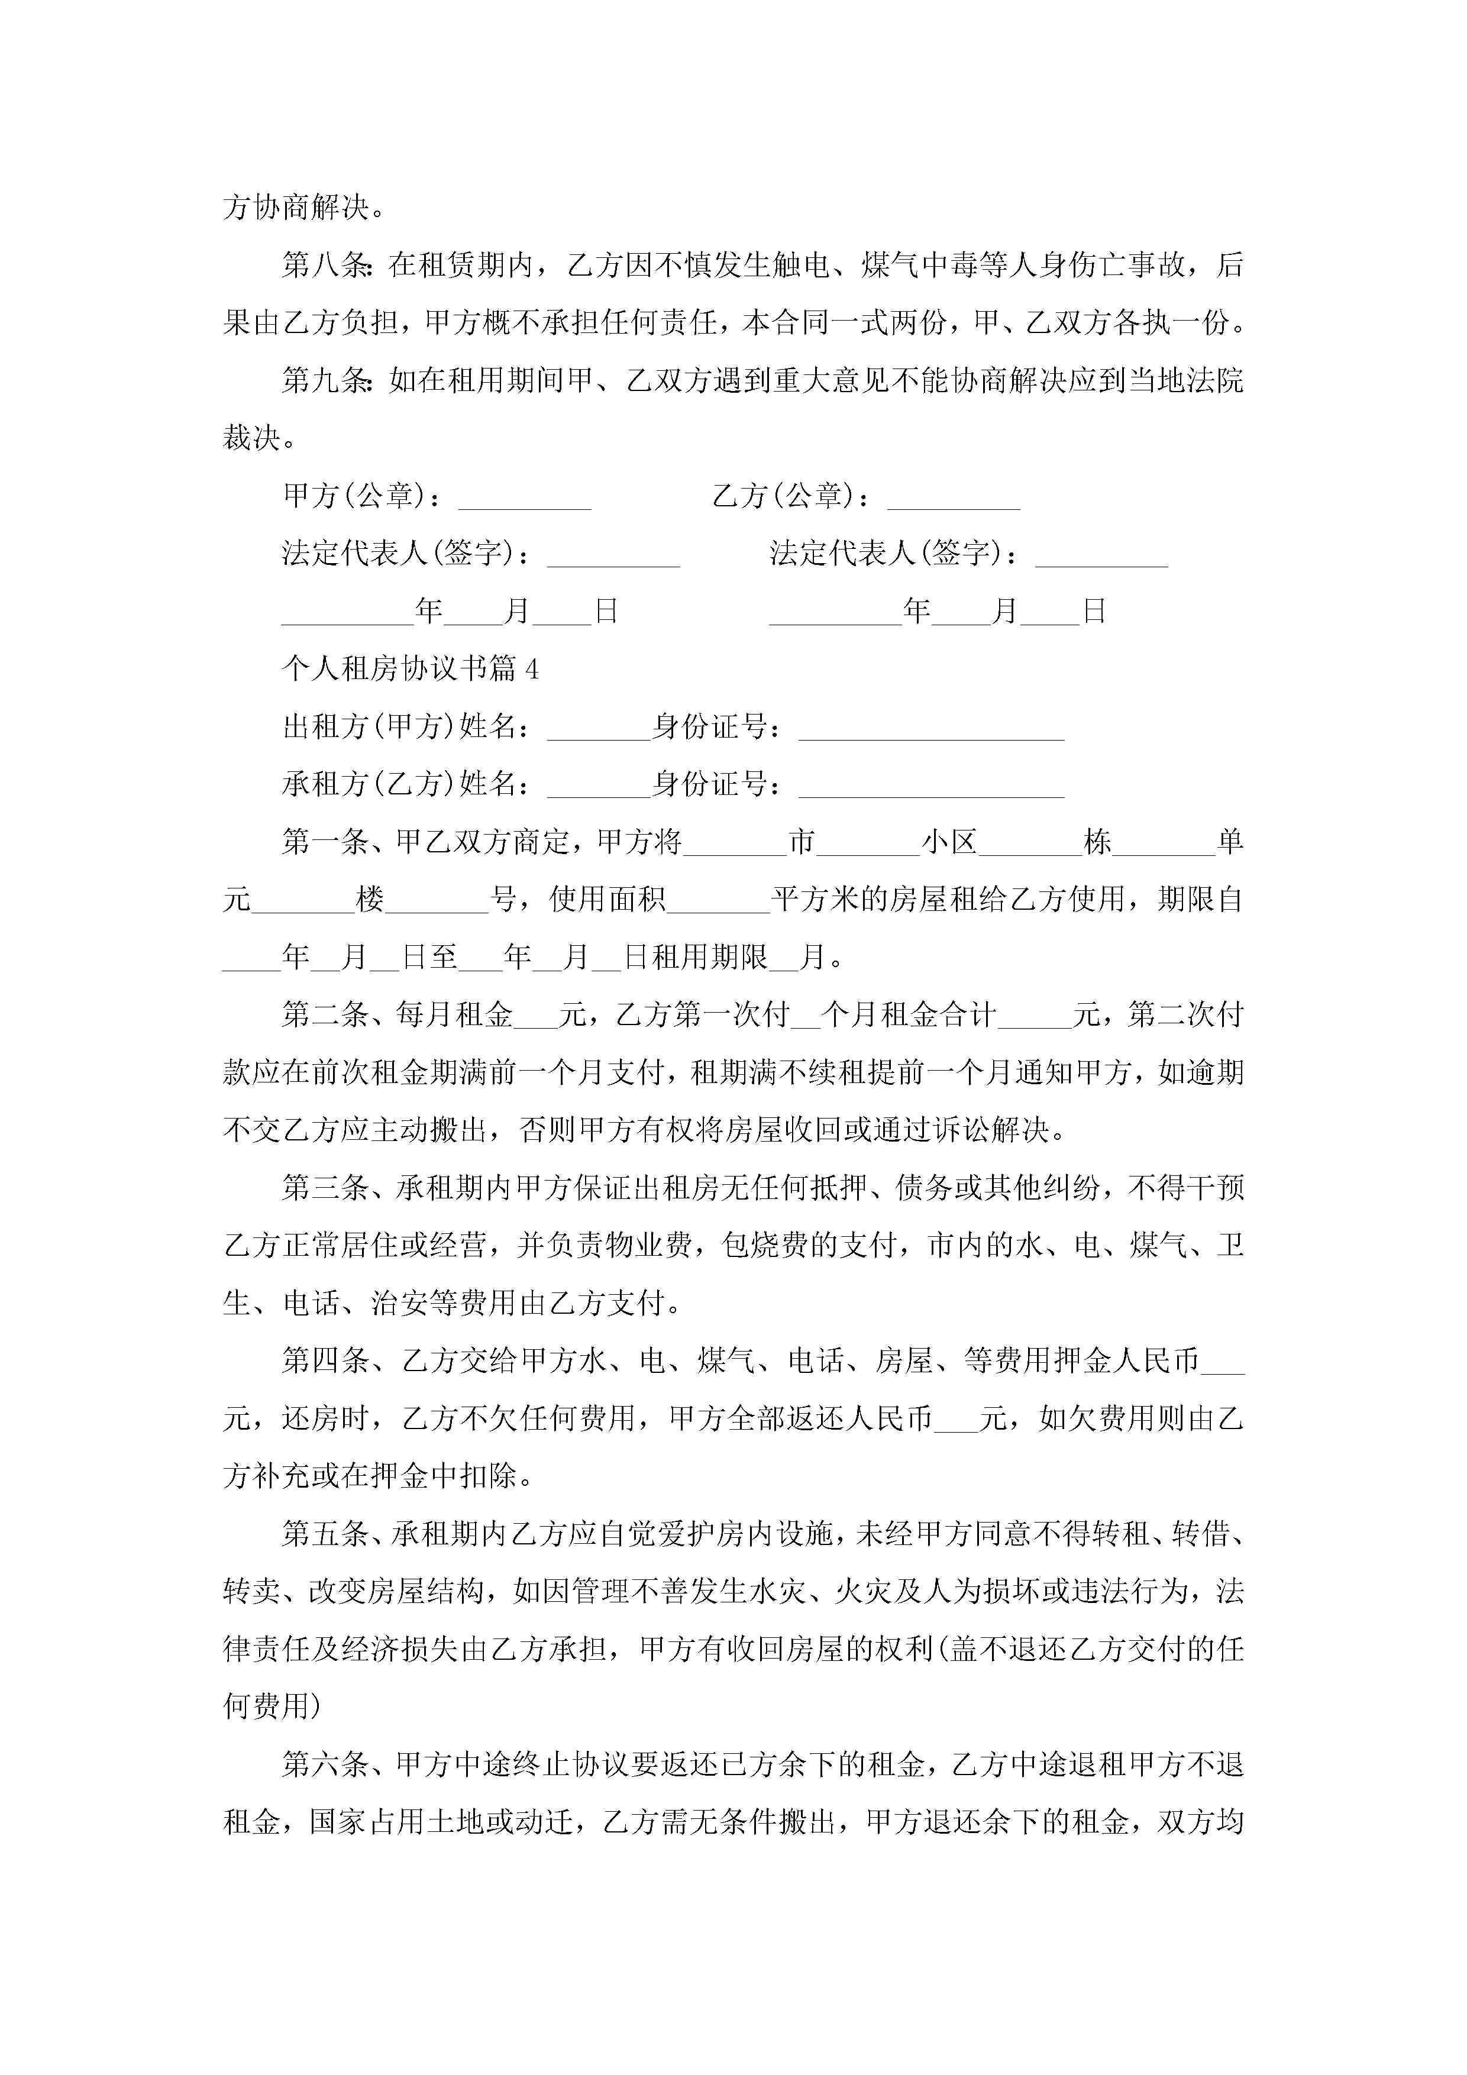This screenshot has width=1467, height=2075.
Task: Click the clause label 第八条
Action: coord(325,265)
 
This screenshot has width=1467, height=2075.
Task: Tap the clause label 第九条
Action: coord(325,380)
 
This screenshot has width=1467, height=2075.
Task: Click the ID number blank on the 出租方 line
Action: coord(931,731)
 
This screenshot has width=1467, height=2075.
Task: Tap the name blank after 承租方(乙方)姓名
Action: coord(599,788)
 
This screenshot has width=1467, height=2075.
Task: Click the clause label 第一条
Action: coord(325,842)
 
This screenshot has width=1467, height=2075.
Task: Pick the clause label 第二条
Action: coord(325,1015)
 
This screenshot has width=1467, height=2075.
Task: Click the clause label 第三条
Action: coord(325,1188)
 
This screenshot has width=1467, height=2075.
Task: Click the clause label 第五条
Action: coord(325,1534)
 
